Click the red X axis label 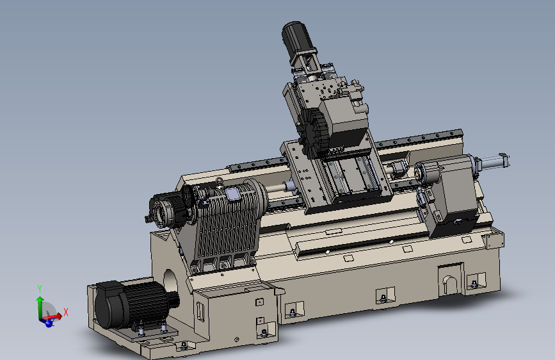pos(65,312)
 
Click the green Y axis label pos(40,288)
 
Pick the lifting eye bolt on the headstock pos(220,182)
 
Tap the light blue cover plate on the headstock pos(232,194)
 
